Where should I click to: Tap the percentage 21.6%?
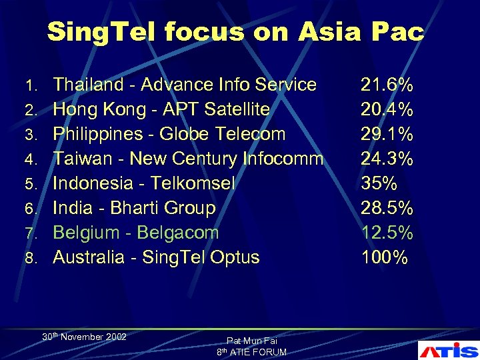point(387,85)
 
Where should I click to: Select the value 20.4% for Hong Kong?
point(387,109)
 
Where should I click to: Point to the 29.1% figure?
point(387,134)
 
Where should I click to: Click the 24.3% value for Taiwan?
point(387,159)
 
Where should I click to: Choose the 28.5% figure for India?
point(387,208)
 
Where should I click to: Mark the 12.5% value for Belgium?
point(387,233)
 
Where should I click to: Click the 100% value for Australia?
point(384,257)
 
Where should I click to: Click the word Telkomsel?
point(194,183)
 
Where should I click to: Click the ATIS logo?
point(448,350)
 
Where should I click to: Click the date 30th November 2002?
point(84,337)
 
